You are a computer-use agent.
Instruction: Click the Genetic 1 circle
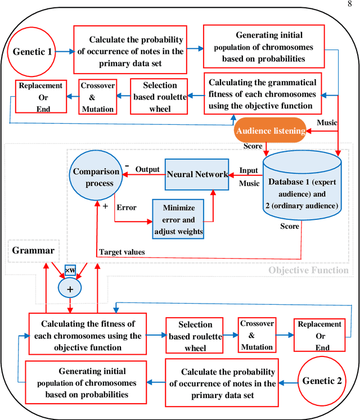[x=35, y=51]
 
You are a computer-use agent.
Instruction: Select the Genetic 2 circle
[x=322, y=381]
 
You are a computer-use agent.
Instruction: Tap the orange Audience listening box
[x=271, y=130]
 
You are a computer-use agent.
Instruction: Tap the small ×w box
[x=70, y=270]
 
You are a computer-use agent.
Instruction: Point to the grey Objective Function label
[x=308, y=270]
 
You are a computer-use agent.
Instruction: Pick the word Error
[x=127, y=207]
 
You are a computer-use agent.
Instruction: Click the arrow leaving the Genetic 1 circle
[x=65, y=51]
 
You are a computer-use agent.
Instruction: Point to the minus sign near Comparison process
[x=128, y=167]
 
